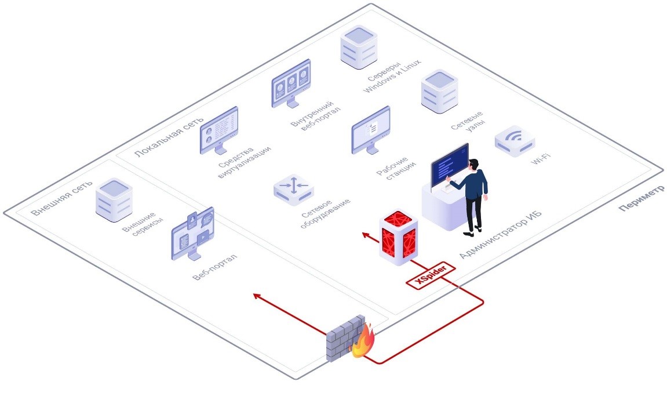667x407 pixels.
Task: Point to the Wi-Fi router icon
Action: [515, 141]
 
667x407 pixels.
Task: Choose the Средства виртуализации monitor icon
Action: [218, 130]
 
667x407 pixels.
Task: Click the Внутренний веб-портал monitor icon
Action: [291, 83]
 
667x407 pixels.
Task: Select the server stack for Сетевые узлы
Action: [439, 92]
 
